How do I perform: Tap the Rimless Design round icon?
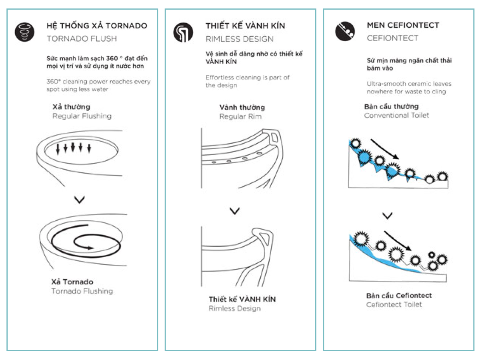(183, 32)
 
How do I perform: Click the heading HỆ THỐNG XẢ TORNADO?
(97, 26)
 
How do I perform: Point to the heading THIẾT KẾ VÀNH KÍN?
(245, 26)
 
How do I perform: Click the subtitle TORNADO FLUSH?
(82, 39)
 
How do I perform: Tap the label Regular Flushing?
(82, 116)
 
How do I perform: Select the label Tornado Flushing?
(82, 291)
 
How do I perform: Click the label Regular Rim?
(240, 116)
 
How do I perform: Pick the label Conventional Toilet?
(396, 115)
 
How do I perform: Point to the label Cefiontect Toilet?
(394, 304)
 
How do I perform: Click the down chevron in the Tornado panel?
(80, 200)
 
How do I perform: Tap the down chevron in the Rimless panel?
(235, 211)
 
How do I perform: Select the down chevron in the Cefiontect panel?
(387, 216)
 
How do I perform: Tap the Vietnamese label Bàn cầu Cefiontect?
(399, 296)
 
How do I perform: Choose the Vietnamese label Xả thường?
(71, 107)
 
